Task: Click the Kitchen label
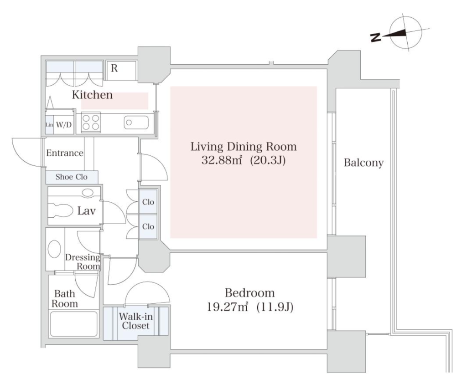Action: (x=92, y=95)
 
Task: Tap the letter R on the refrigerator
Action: (x=114, y=68)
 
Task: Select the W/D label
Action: (x=64, y=125)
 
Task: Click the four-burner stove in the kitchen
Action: (x=91, y=122)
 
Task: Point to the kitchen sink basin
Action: (x=136, y=123)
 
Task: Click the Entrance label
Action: (x=65, y=153)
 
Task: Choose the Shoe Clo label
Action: (x=72, y=177)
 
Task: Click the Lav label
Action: (x=86, y=211)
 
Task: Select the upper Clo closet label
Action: (x=148, y=202)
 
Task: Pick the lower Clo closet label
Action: (x=148, y=227)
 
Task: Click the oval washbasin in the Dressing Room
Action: (x=54, y=249)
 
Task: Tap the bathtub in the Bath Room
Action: (x=74, y=324)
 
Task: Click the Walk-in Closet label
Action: (x=136, y=321)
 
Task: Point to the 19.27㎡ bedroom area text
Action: (x=227, y=307)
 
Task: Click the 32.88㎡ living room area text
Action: (x=221, y=161)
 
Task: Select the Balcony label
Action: (x=363, y=163)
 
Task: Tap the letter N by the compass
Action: (x=376, y=37)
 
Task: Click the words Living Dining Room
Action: (x=244, y=147)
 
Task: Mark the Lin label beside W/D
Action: (x=49, y=125)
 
